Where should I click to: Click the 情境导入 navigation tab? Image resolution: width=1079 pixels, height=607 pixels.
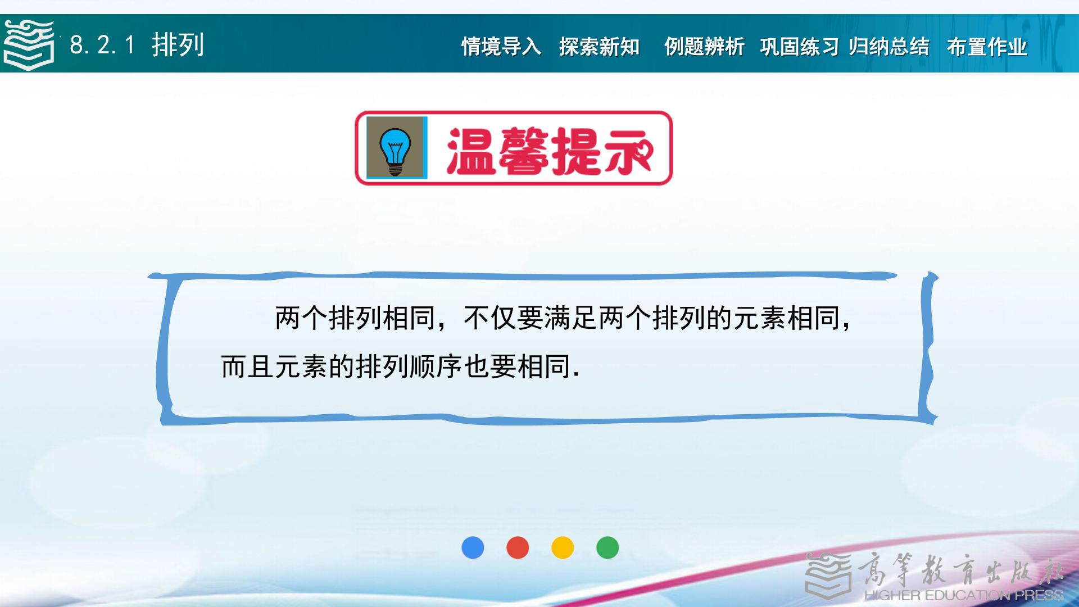point(501,47)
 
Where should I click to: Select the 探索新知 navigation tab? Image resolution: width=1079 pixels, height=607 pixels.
point(599,47)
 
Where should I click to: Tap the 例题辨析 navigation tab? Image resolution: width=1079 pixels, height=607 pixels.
point(704,47)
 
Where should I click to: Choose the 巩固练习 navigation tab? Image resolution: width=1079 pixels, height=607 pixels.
point(799,47)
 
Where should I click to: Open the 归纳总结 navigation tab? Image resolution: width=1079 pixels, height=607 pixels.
point(888,47)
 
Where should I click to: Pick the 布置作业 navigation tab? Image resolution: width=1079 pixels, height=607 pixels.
point(987,47)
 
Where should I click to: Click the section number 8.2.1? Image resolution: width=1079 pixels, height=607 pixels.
point(102,45)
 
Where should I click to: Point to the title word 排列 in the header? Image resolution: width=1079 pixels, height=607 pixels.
point(178,45)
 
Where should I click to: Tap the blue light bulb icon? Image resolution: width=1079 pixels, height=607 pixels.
point(396,148)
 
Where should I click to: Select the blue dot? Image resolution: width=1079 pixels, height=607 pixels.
point(473,547)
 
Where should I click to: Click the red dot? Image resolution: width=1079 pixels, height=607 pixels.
point(518,547)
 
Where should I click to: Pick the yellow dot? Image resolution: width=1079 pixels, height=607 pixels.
point(563,547)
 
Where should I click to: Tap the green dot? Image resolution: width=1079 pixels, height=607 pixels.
point(607,547)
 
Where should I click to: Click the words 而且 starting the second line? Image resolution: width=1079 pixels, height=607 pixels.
point(247,366)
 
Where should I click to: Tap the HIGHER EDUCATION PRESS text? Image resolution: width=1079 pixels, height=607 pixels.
point(963,595)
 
